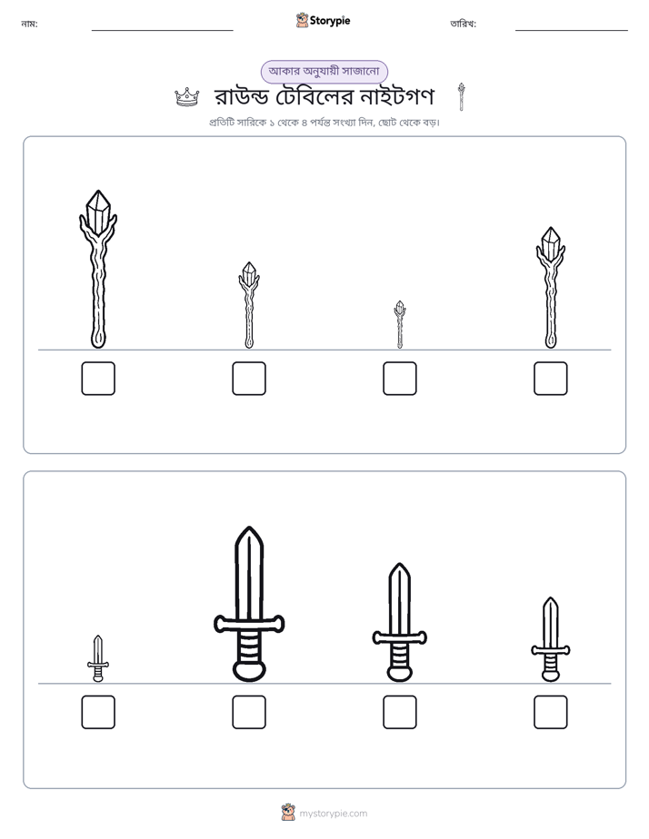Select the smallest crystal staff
pyautogui.click(x=399, y=324)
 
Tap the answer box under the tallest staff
pyautogui.click(x=98, y=379)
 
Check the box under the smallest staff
pyautogui.click(x=399, y=379)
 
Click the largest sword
pyautogui.click(x=249, y=605)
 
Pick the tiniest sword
pyautogui.click(x=98, y=658)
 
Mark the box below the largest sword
pyautogui.click(x=249, y=712)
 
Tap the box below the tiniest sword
pyautogui.click(x=98, y=712)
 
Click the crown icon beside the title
pyautogui.click(x=187, y=97)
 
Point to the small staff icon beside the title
pyautogui.click(x=461, y=97)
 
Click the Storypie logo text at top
pyautogui.click(x=330, y=21)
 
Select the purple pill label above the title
pyautogui.click(x=324, y=72)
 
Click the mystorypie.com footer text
pyautogui.click(x=333, y=814)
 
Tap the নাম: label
pyautogui.click(x=29, y=24)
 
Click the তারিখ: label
pyautogui.click(x=464, y=24)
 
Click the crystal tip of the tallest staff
pyautogui.click(x=98, y=210)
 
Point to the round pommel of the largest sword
pyautogui.click(x=249, y=671)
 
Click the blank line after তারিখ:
pyautogui.click(x=572, y=31)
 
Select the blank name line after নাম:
pyautogui.click(x=162, y=31)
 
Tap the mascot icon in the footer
pyautogui.click(x=288, y=813)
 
